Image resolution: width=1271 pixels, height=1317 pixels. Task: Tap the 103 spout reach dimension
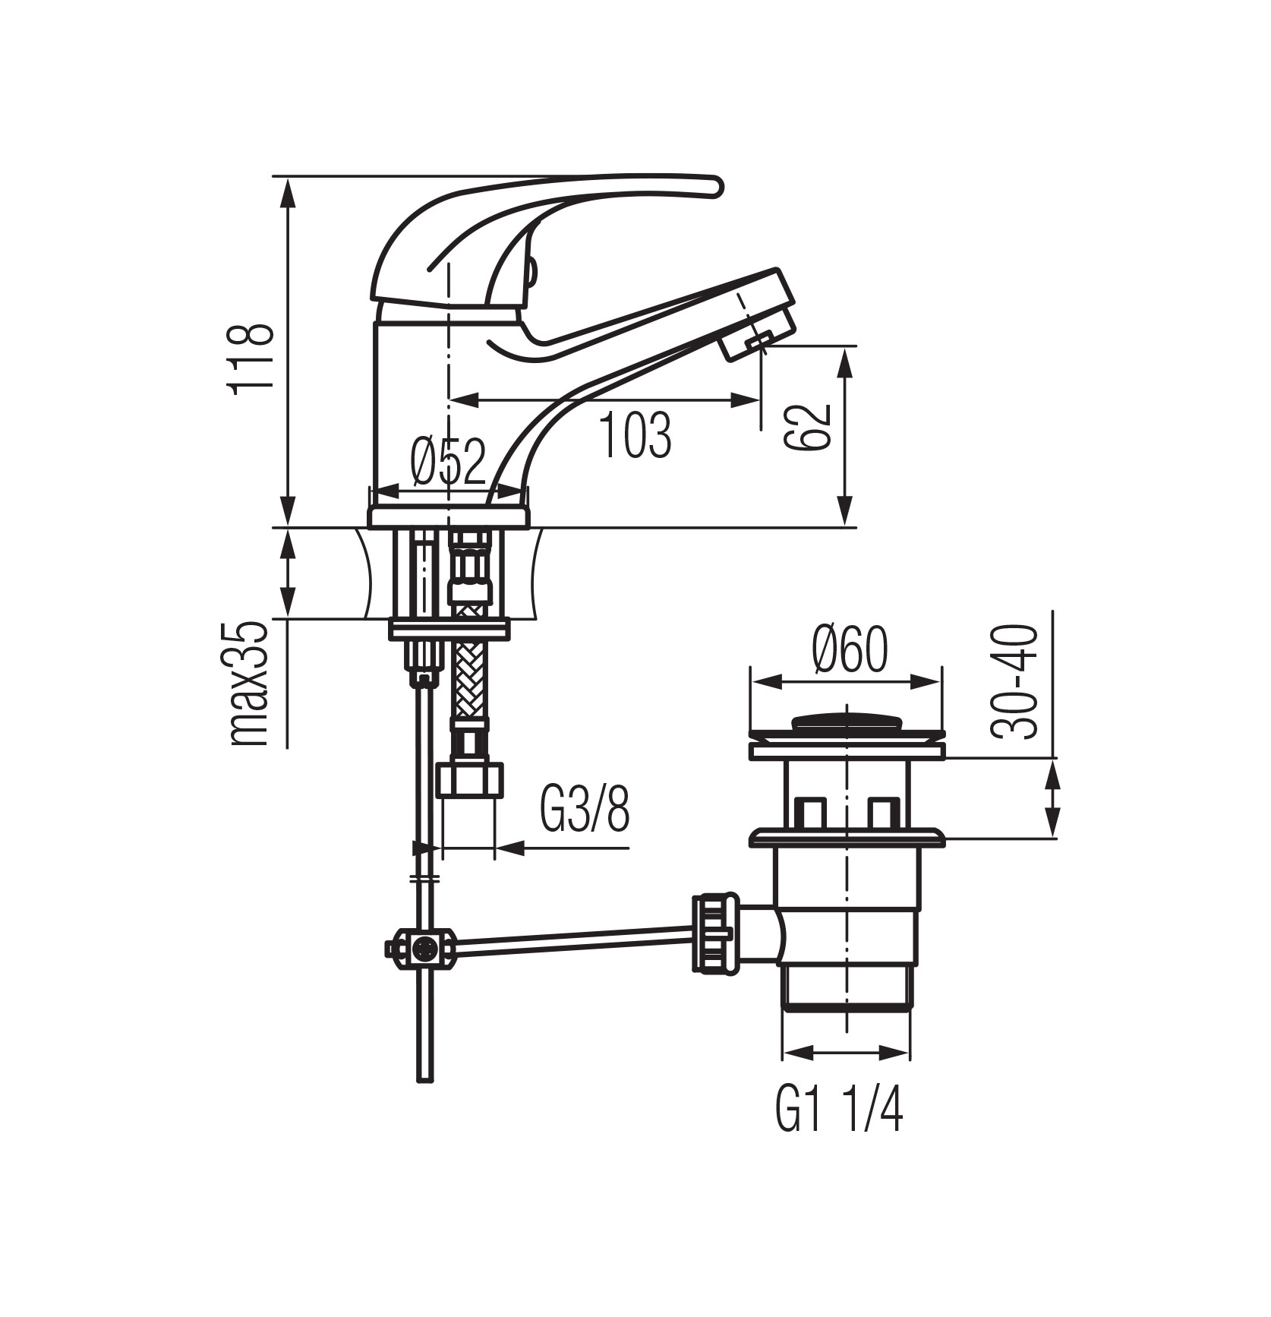(636, 436)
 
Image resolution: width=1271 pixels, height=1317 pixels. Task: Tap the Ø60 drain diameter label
(849, 651)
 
